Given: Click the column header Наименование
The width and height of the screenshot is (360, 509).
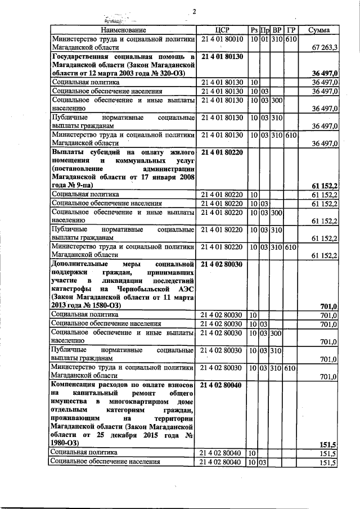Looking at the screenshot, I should [x=123, y=29].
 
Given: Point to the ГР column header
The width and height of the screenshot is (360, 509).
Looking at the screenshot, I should [x=290, y=29].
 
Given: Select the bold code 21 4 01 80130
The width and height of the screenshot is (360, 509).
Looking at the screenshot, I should [x=222, y=57].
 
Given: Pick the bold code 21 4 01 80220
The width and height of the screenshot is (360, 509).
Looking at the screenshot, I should [x=222, y=152].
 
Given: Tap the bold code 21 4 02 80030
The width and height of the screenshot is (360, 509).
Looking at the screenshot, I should [x=222, y=264].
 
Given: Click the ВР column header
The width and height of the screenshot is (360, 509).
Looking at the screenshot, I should [x=277, y=29].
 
